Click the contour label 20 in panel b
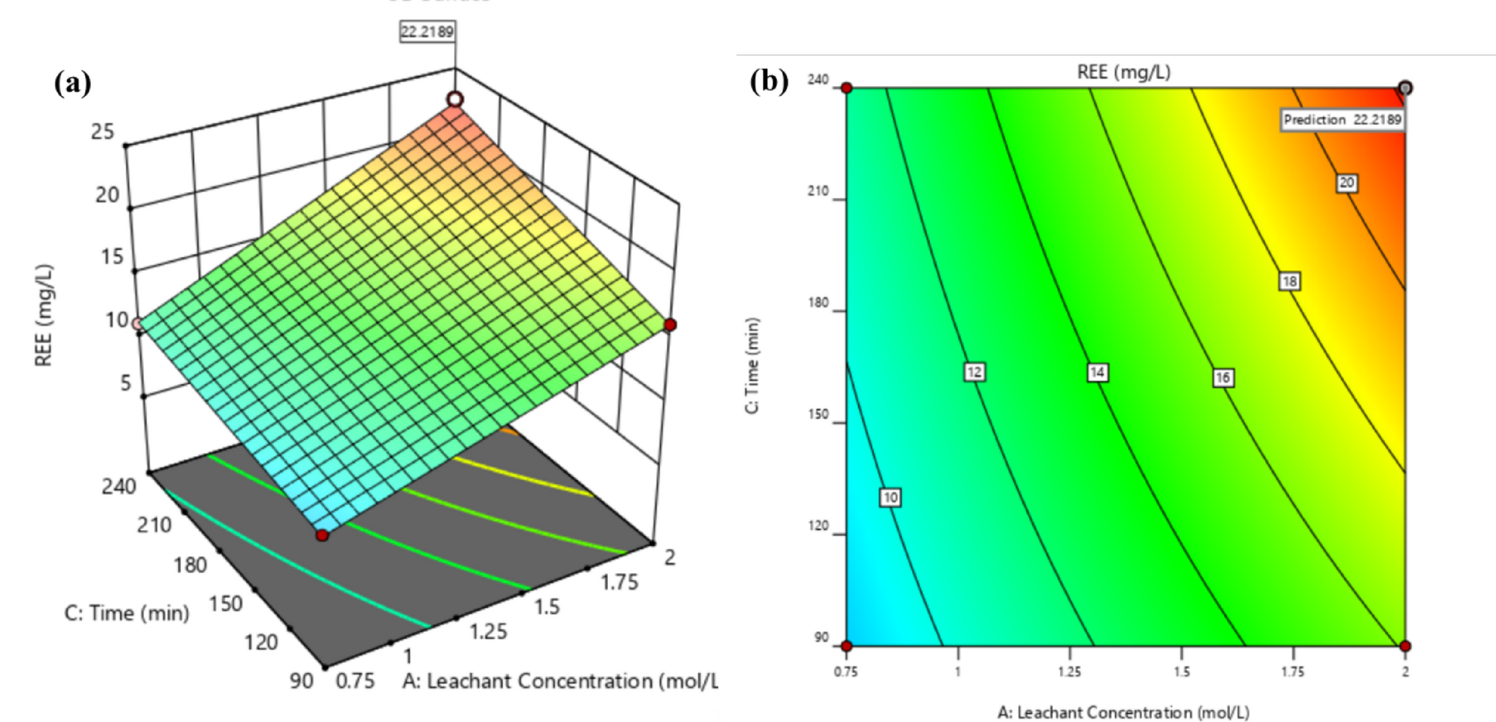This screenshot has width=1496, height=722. click(x=1346, y=183)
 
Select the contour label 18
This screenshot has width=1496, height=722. click(x=1290, y=281)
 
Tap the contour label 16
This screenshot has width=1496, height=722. click(x=1223, y=378)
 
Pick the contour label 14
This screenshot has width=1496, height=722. click(x=1097, y=372)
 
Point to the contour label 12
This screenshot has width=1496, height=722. click(x=974, y=372)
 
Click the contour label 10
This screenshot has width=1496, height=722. click(x=890, y=497)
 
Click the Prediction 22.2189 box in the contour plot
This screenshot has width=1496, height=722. click(x=1343, y=120)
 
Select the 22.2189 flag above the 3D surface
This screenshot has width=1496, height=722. click(x=427, y=32)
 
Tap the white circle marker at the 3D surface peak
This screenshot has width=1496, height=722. click(x=455, y=99)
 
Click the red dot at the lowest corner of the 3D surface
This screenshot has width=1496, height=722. click(x=322, y=535)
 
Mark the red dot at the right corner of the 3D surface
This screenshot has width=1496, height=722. click(x=671, y=325)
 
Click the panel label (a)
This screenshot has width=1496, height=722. click(x=72, y=83)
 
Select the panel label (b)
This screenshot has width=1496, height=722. click(x=769, y=80)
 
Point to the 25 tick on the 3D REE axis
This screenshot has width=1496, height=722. click(x=103, y=132)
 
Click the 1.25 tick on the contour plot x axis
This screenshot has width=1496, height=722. click(x=1070, y=671)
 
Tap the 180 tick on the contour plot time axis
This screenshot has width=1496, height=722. click(x=818, y=303)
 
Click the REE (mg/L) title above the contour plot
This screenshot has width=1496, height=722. click(x=1123, y=72)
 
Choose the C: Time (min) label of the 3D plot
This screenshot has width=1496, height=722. click(x=127, y=613)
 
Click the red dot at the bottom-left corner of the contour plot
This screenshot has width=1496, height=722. click(x=846, y=645)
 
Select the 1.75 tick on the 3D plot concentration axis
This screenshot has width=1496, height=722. click(x=619, y=582)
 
